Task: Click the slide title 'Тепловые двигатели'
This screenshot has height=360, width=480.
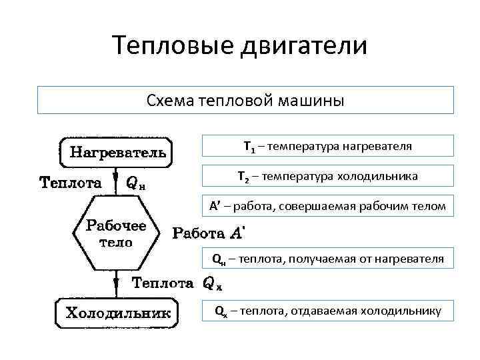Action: [x=239, y=46]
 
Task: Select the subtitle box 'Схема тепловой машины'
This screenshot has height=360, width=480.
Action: [x=245, y=100]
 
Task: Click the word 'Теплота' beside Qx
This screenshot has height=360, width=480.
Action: [x=163, y=283]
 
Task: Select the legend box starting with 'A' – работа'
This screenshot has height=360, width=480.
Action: [x=327, y=206]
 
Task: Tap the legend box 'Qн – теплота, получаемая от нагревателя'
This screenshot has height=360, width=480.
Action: [x=327, y=257]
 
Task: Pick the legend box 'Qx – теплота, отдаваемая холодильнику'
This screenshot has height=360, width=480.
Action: [x=327, y=310]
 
